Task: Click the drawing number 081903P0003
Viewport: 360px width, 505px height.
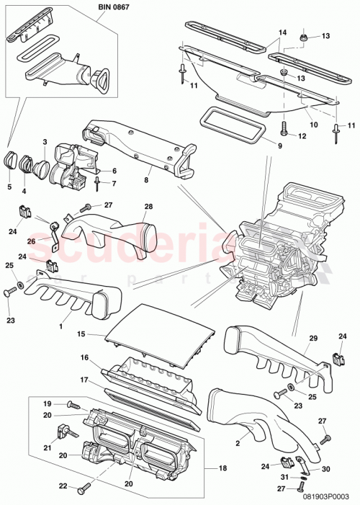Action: coord(325,496)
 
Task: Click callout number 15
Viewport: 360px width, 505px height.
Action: coord(82,334)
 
